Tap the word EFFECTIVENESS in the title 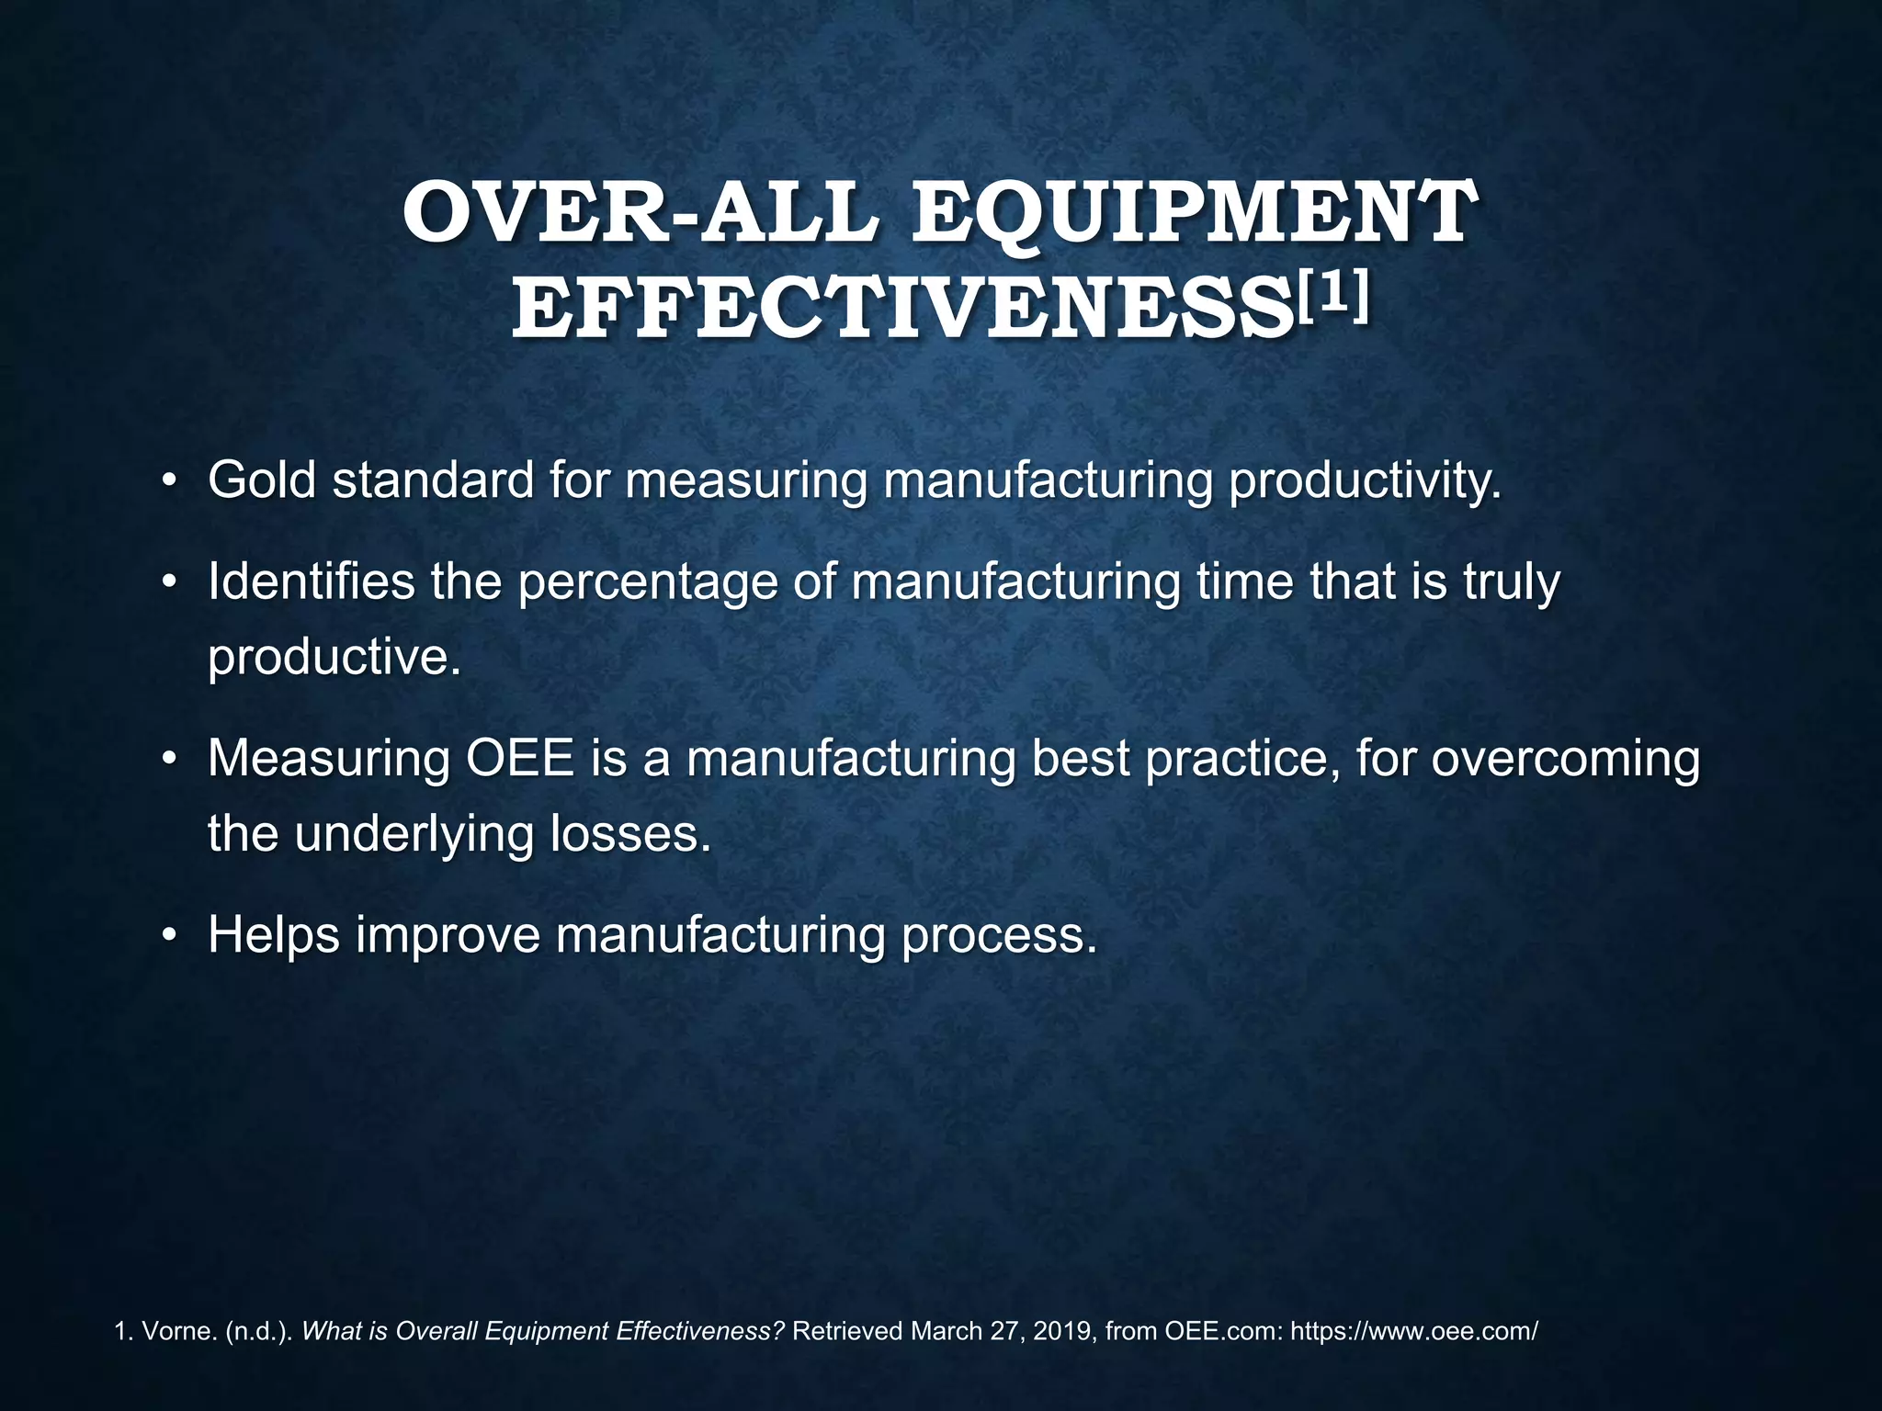pyautogui.click(x=901, y=309)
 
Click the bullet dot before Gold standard pyautogui.click(x=168, y=481)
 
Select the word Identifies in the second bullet pyautogui.click(x=311, y=581)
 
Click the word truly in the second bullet pyautogui.click(x=1511, y=581)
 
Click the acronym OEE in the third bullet pyautogui.click(x=520, y=759)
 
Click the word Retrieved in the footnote pyautogui.click(x=846, y=1331)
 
